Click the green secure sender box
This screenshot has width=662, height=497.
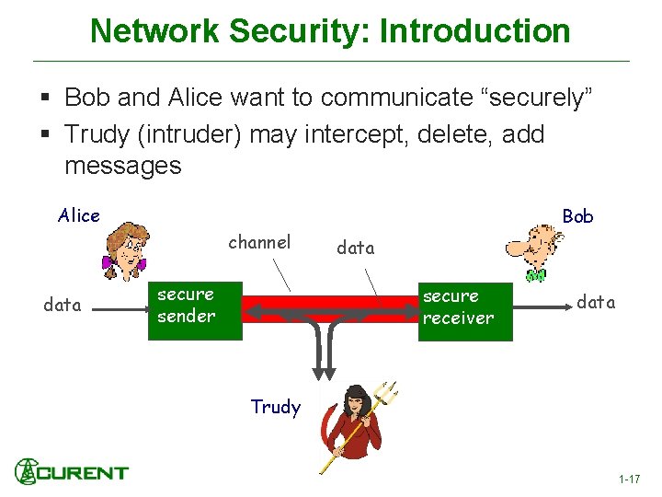(x=195, y=311)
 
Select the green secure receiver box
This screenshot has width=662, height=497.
(x=464, y=311)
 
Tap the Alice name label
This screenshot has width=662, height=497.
(x=79, y=215)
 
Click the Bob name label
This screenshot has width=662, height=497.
(x=577, y=216)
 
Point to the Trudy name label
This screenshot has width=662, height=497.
(x=275, y=407)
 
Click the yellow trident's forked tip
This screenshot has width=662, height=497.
(x=386, y=394)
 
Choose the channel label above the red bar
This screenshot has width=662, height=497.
(x=259, y=242)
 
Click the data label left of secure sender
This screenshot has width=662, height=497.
(x=63, y=305)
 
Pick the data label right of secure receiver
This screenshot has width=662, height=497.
(x=596, y=302)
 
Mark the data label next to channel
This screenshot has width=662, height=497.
(x=356, y=247)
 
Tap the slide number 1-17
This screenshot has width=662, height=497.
(x=629, y=480)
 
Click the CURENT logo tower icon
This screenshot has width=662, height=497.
(x=27, y=471)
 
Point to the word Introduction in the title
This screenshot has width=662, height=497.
(x=475, y=30)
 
